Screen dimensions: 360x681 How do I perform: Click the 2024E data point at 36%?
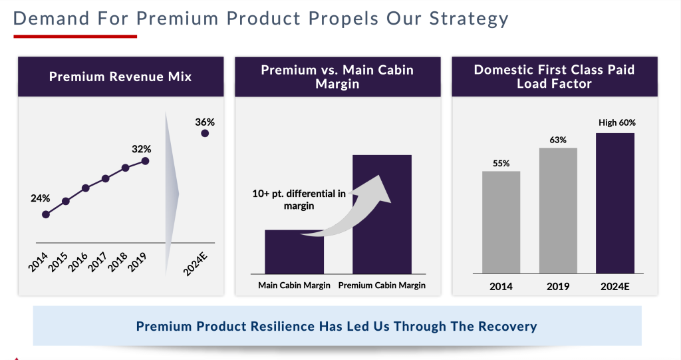tap(205, 134)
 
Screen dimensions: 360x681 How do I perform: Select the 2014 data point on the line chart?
tap(46, 214)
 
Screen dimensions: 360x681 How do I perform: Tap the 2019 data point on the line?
tap(146, 160)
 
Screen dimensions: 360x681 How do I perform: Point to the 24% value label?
tap(40, 198)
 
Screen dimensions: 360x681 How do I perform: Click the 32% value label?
tap(141, 148)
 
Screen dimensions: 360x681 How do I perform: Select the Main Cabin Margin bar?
tap(294, 252)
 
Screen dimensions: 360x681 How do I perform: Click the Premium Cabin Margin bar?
tap(382, 214)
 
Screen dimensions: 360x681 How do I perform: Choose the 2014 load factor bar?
tap(501, 222)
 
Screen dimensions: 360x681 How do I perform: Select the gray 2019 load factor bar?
tap(558, 210)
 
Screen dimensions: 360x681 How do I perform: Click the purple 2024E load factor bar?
tap(615, 203)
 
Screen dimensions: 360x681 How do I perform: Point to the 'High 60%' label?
tap(616, 122)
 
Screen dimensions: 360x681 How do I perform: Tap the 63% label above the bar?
tap(558, 140)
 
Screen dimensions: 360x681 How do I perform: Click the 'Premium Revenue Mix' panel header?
tap(120, 77)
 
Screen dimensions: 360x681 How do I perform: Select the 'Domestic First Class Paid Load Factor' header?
tap(554, 77)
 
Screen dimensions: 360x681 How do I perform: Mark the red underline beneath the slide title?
tap(74, 36)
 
